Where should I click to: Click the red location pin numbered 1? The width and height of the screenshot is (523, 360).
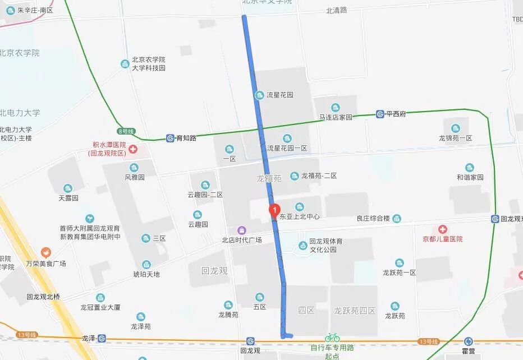(274, 210)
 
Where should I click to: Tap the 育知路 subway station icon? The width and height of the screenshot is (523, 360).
(170, 137)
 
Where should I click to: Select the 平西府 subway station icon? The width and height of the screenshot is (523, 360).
(380, 114)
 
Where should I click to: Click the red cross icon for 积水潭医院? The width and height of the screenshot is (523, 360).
(133, 149)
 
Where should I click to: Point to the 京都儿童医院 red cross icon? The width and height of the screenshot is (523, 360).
(443, 229)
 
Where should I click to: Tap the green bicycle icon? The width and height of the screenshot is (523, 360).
(332, 337)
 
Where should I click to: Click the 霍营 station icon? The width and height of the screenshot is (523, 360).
(469, 341)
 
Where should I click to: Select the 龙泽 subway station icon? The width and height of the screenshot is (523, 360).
(102, 338)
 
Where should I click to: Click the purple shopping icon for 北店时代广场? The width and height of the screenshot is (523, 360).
(242, 230)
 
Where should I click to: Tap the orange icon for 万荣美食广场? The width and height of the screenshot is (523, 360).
(45, 253)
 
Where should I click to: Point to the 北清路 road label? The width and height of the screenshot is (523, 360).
(337, 10)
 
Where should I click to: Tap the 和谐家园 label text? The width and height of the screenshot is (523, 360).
(470, 177)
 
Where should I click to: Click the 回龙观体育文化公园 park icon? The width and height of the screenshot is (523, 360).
(303, 244)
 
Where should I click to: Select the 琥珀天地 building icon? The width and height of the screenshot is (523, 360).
(146, 265)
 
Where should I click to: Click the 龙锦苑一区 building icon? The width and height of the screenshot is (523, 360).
(455, 128)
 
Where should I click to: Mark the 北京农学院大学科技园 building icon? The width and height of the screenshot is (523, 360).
(125, 64)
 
